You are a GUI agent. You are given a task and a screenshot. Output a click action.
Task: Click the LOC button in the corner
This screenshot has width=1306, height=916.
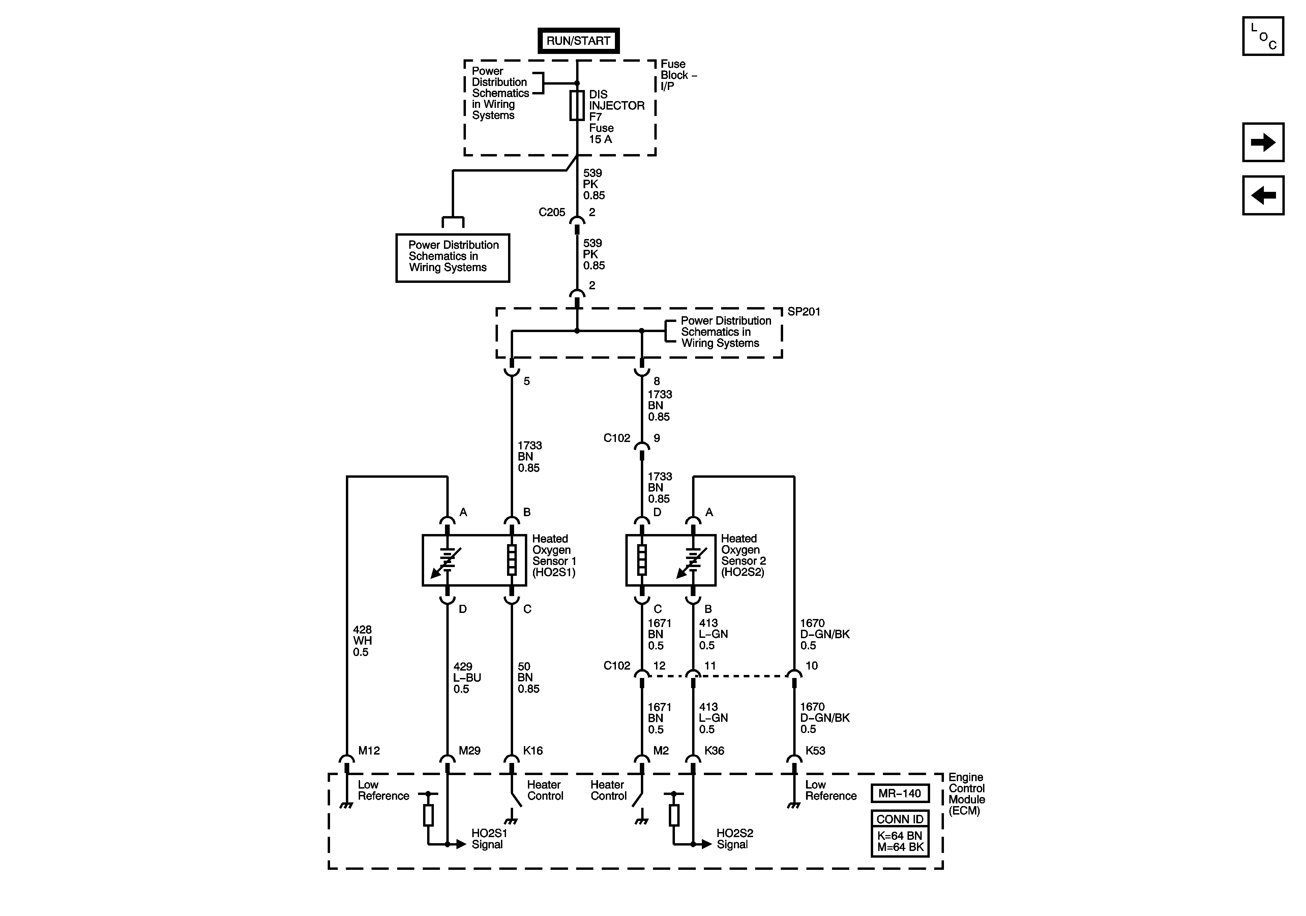[x=1263, y=36]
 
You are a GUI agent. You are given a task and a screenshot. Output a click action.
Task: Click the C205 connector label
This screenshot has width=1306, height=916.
[x=552, y=212]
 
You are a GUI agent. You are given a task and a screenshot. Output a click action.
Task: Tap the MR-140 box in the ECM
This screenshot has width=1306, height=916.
[x=900, y=793]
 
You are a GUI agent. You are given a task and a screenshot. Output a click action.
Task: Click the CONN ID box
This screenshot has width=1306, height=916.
[x=900, y=819]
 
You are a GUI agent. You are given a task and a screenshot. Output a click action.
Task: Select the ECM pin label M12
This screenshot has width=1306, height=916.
[x=368, y=750]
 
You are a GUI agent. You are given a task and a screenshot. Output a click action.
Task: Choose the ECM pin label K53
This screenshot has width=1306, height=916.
[x=815, y=750]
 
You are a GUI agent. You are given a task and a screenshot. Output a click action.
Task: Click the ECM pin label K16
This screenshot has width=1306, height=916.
[x=533, y=750]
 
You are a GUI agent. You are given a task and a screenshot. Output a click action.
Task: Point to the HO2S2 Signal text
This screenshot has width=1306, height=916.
[x=734, y=838]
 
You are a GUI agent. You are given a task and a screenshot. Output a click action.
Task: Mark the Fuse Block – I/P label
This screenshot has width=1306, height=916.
[x=678, y=75]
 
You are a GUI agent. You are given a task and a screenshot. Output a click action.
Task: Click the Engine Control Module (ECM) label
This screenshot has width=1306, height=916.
[x=967, y=794]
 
